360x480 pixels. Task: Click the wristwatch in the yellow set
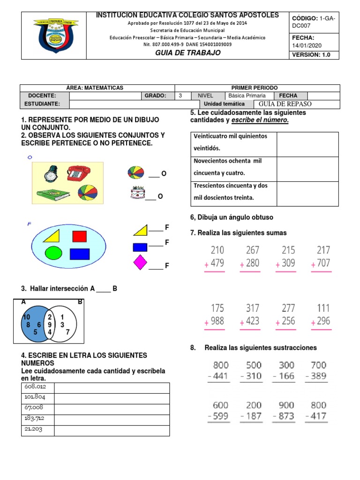(51, 174)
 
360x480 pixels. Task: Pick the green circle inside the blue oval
(53, 254)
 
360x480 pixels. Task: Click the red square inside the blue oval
(80, 236)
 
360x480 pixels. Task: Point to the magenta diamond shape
(140, 262)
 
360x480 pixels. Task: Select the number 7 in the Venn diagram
(67, 332)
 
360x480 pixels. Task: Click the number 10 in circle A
(26, 317)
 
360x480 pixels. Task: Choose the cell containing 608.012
(38, 388)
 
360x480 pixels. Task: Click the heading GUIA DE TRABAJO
(187, 53)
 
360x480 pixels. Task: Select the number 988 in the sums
(217, 321)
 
